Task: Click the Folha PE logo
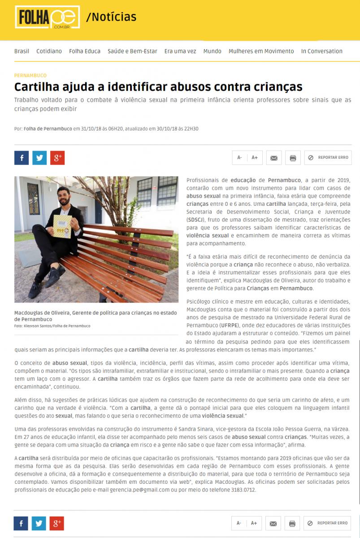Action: [x=47, y=18]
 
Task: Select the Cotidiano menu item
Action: [x=49, y=51]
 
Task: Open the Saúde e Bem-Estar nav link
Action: [x=132, y=51]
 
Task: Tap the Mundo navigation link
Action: [x=212, y=51]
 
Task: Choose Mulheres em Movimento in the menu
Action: [x=261, y=51]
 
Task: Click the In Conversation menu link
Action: [x=321, y=51]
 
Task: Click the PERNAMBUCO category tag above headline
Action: [x=30, y=75]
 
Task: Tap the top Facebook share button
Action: [x=22, y=158]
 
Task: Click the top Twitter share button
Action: [x=39, y=158]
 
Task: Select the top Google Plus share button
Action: [x=57, y=158]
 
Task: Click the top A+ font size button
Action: [x=255, y=158]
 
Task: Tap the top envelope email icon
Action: [x=274, y=158]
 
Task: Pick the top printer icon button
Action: [x=293, y=158]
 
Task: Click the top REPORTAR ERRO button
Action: [x=328, y=158]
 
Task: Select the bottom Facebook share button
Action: [x=21, y=523]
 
